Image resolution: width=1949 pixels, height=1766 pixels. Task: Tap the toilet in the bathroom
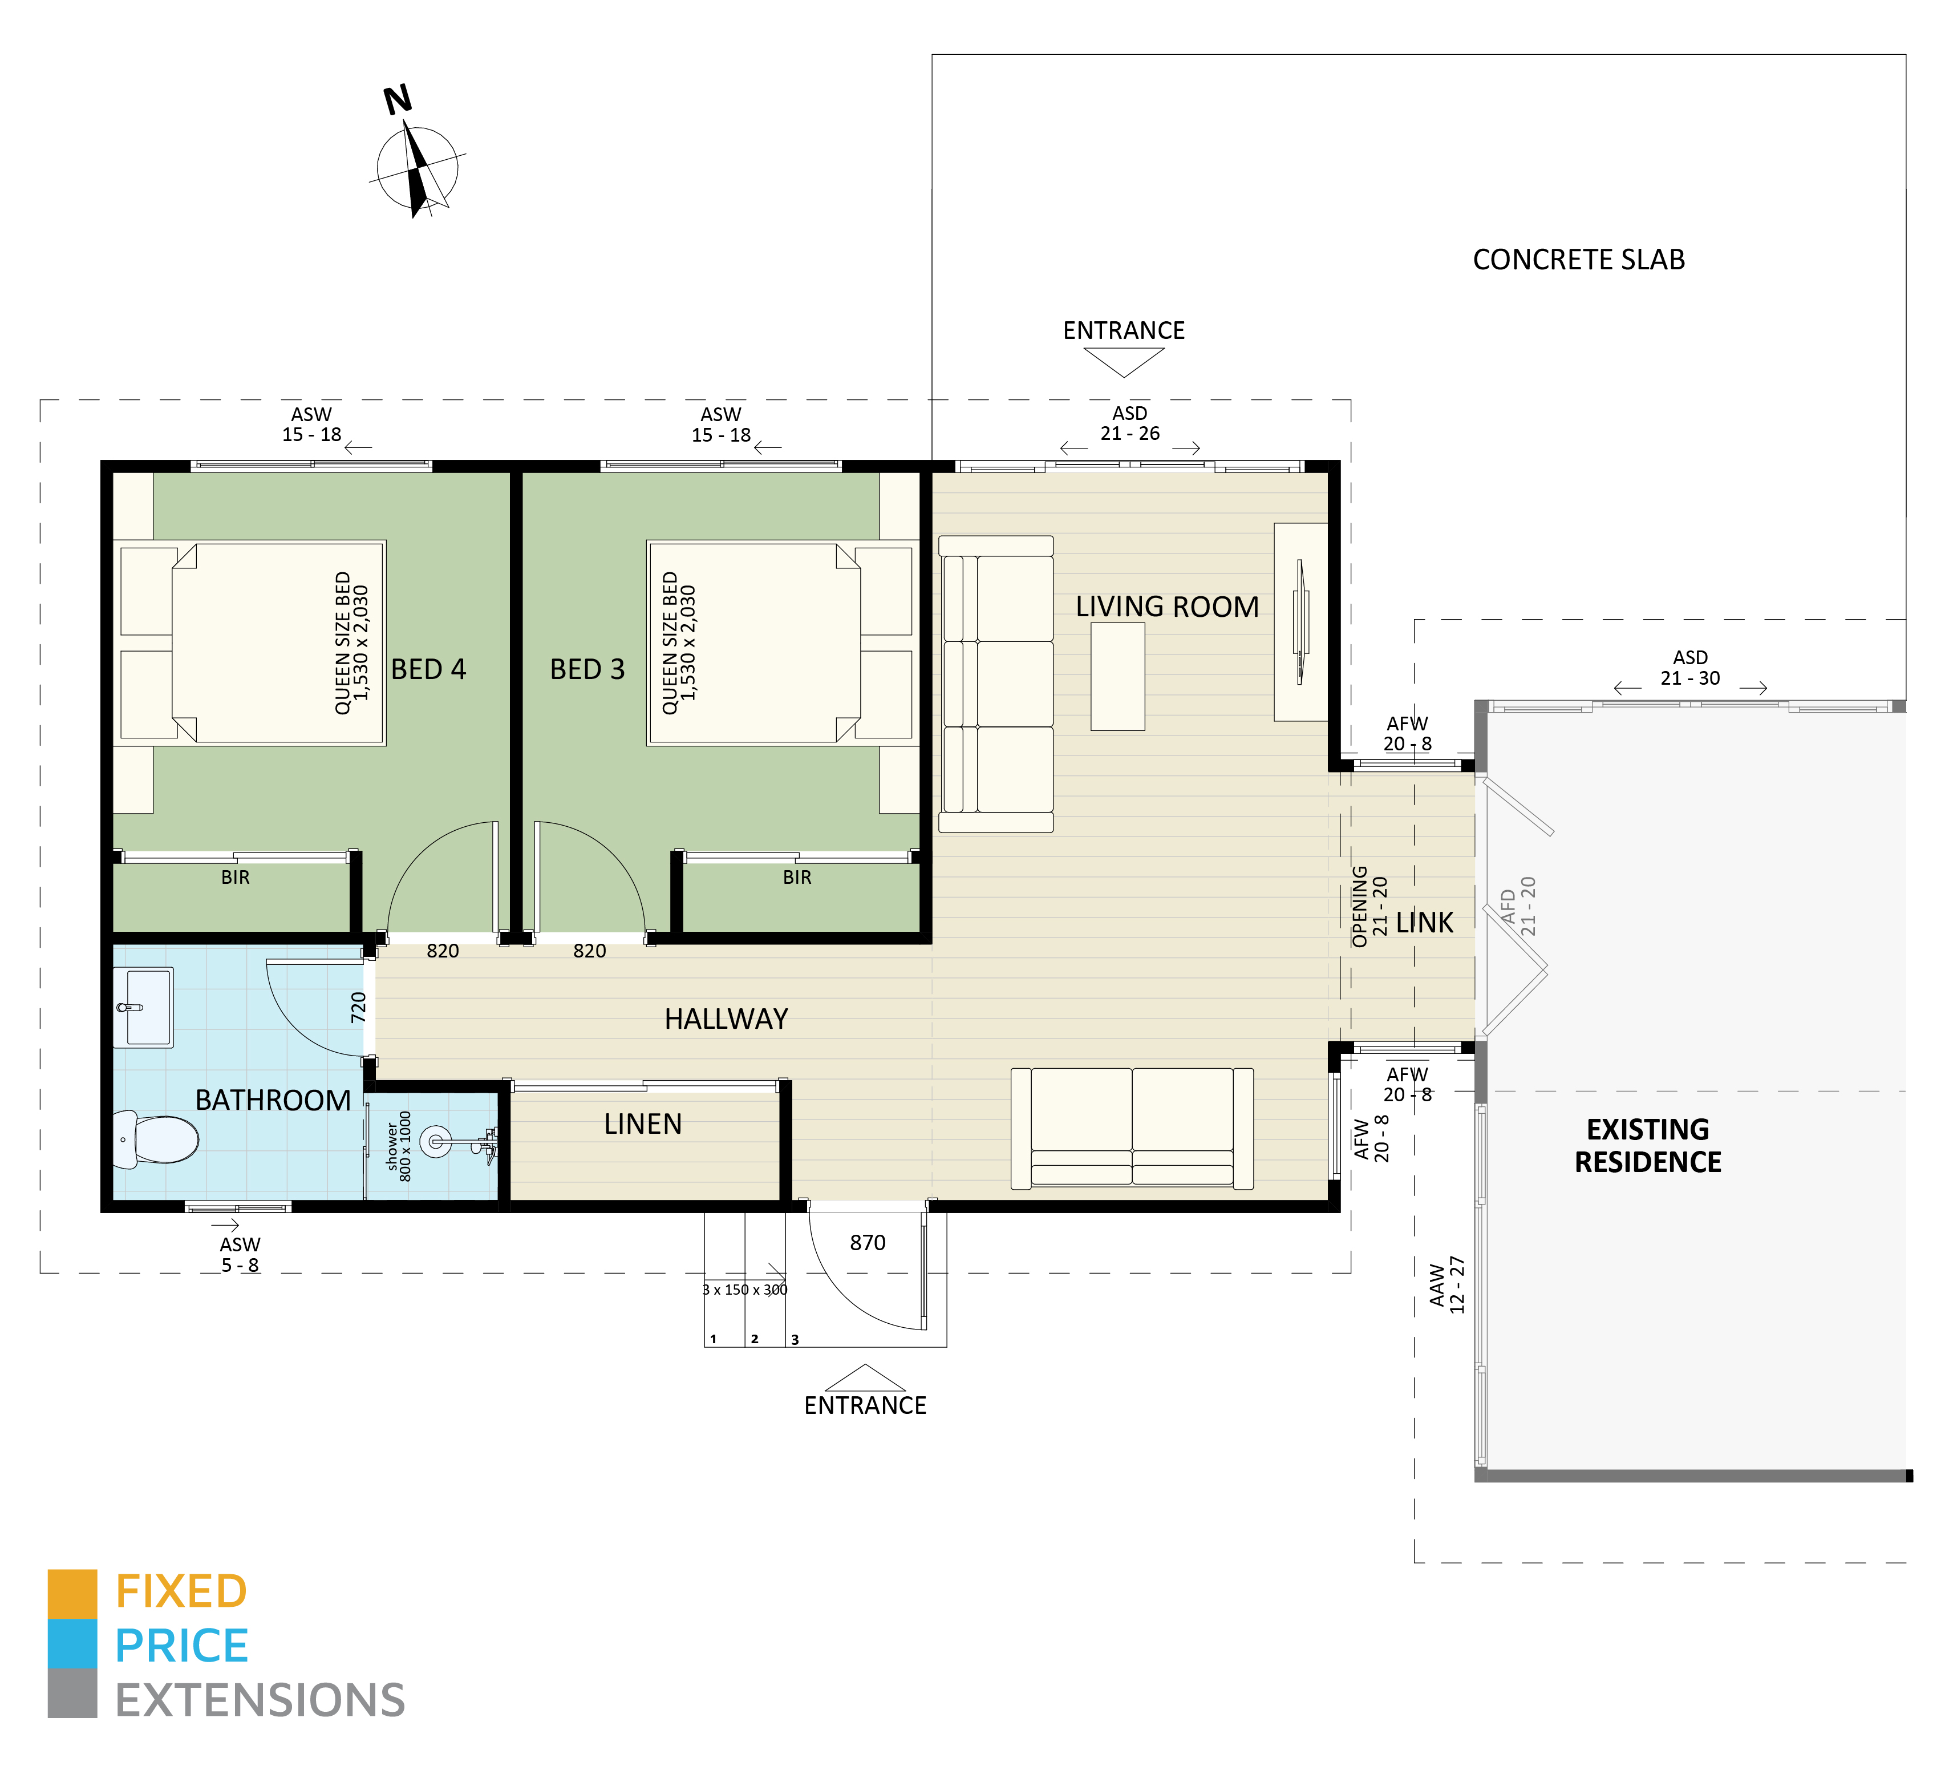160,1138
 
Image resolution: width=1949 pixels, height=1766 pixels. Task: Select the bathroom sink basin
145,1007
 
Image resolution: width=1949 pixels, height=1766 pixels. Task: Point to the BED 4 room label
428,669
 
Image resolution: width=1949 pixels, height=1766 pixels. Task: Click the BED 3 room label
587,669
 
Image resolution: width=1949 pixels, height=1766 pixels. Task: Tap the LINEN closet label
643,1124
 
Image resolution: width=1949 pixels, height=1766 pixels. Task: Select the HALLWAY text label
726,1019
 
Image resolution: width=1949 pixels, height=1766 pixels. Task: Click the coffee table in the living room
1117,676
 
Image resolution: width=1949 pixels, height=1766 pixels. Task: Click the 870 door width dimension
867,1243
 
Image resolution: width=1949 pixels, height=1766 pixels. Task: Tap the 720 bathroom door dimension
359,1007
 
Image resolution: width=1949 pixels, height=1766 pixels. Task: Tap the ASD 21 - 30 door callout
1690,668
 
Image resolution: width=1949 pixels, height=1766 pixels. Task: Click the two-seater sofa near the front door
1132,1127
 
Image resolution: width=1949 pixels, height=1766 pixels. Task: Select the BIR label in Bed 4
235,877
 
